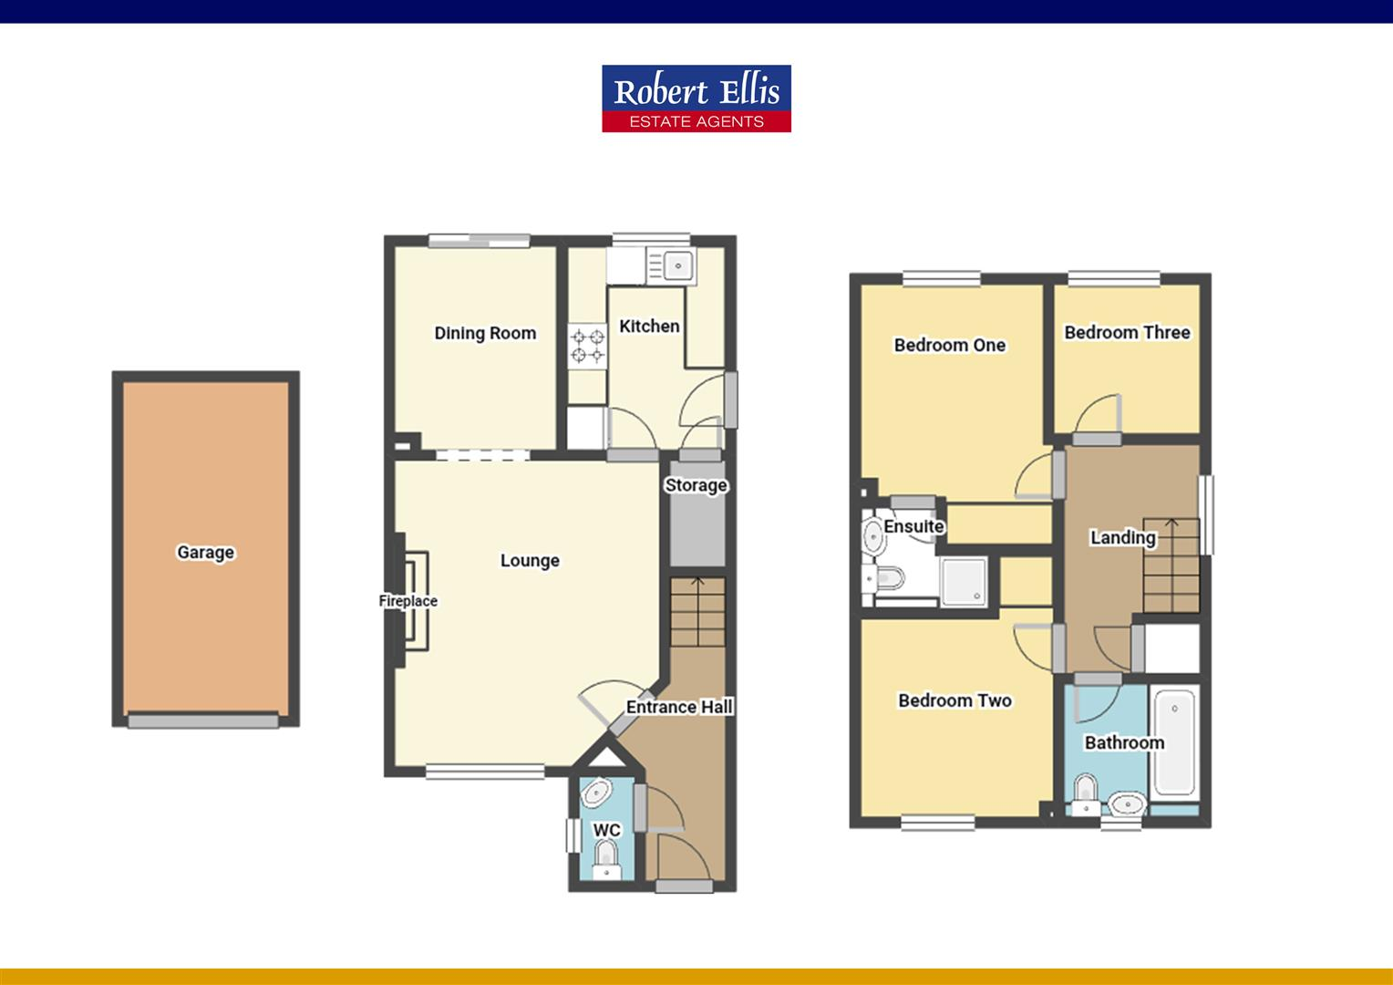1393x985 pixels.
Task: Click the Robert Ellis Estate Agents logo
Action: coord(696,98)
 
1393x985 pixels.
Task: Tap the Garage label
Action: coord(205,552)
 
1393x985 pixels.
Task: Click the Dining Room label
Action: coord(485,333)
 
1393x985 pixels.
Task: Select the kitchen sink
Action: coord(676,265)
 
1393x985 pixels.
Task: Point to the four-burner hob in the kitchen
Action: coord(588,347)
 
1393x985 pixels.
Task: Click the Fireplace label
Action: coord(408,601)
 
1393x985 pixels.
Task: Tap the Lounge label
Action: coord(530,560)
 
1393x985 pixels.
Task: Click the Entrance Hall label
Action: coord(679,707)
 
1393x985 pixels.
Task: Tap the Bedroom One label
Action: coord(949,345)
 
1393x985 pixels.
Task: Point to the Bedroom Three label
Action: coord(1127,332)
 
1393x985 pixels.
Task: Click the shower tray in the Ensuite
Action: coord(963,580)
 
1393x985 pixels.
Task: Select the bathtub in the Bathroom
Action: coord(1174,743)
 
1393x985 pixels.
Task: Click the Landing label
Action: coord(1122,537)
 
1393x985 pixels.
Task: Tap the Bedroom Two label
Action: coord(954,700)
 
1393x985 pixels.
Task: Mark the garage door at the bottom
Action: coord(203,721)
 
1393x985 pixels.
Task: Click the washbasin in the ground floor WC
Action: coord(596,793)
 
